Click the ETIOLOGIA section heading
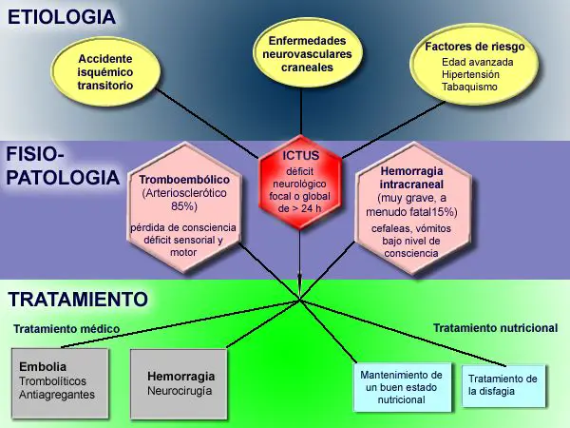62,17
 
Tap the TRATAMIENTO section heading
78,300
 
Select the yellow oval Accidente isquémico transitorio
105,71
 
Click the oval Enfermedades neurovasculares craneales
307,54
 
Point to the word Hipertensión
470,74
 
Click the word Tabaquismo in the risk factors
469,87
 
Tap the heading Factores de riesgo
475,47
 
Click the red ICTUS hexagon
300,182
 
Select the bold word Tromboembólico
184,180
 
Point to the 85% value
184,206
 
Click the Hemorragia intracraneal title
411,177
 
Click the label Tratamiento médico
66,329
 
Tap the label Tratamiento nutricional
496,328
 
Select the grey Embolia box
60,383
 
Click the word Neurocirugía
180,391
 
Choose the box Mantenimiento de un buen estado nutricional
402,387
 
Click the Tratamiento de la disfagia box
503,385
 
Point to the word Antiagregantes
57,395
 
